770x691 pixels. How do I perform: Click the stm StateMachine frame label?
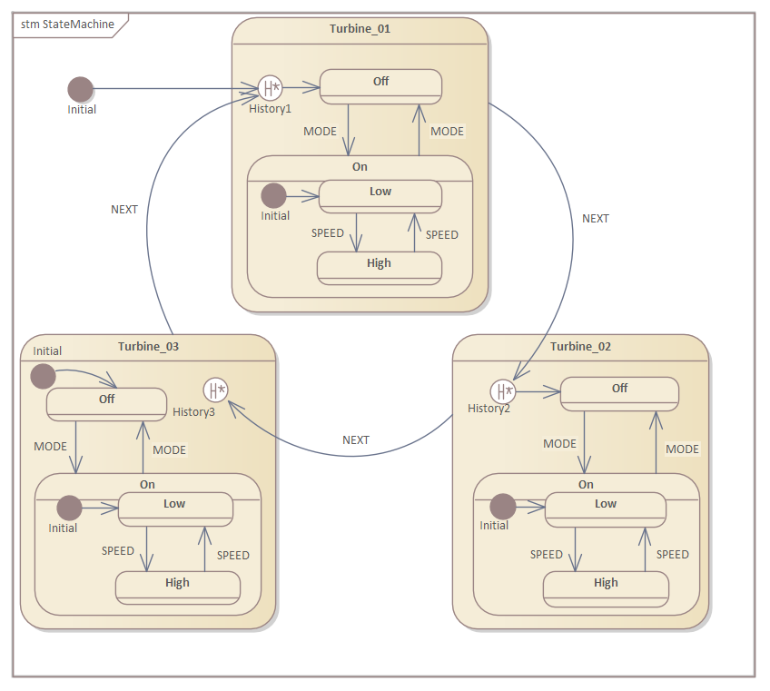pyautogui.click(x=68, y=25)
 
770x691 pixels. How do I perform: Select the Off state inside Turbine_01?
pyautogui.click(x=380, y=85)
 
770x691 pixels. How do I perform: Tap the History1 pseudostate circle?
pyautogui.click(x=270, y=88)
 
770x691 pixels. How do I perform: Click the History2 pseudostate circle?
pyautogui.click(x=502, y=391)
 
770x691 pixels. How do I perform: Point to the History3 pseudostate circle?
pyautogui.click(x=215, y=390)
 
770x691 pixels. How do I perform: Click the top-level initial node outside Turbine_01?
pyautogui.click(x=81, y=89)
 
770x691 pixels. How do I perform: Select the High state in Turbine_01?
pyautogui.click(x=379, y=267)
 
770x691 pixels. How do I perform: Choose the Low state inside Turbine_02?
pyautogui.click(x=605, y=508)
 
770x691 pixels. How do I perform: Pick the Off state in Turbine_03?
pyautogui.click(x=106, y=403)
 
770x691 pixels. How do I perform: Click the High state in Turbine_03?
pyautogui.click(x=177, y=587)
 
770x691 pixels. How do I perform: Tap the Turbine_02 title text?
pyautogui.click(x=580, y=346)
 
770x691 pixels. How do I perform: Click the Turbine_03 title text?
pyautogui.click(x=148, y=346)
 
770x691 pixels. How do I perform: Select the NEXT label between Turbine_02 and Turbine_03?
pyautogui.click(x=356, y=439)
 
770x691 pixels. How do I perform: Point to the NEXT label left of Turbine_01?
pyautogui.click(x=124, y=209)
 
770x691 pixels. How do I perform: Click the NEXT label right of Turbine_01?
pyautogui.click(x=596, y=218)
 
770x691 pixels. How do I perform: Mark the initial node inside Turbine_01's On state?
pyautogui.click(x=273, y=195)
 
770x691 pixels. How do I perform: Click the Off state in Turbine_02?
pyautogui.click(x=619, y=392)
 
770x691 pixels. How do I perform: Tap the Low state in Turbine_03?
pyautogui.click(x=174, y=508)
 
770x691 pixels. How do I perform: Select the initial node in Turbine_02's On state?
pyautogui.click(x=502, y=507)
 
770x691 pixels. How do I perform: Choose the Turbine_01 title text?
pyautogui.click(x=360, y=28)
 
